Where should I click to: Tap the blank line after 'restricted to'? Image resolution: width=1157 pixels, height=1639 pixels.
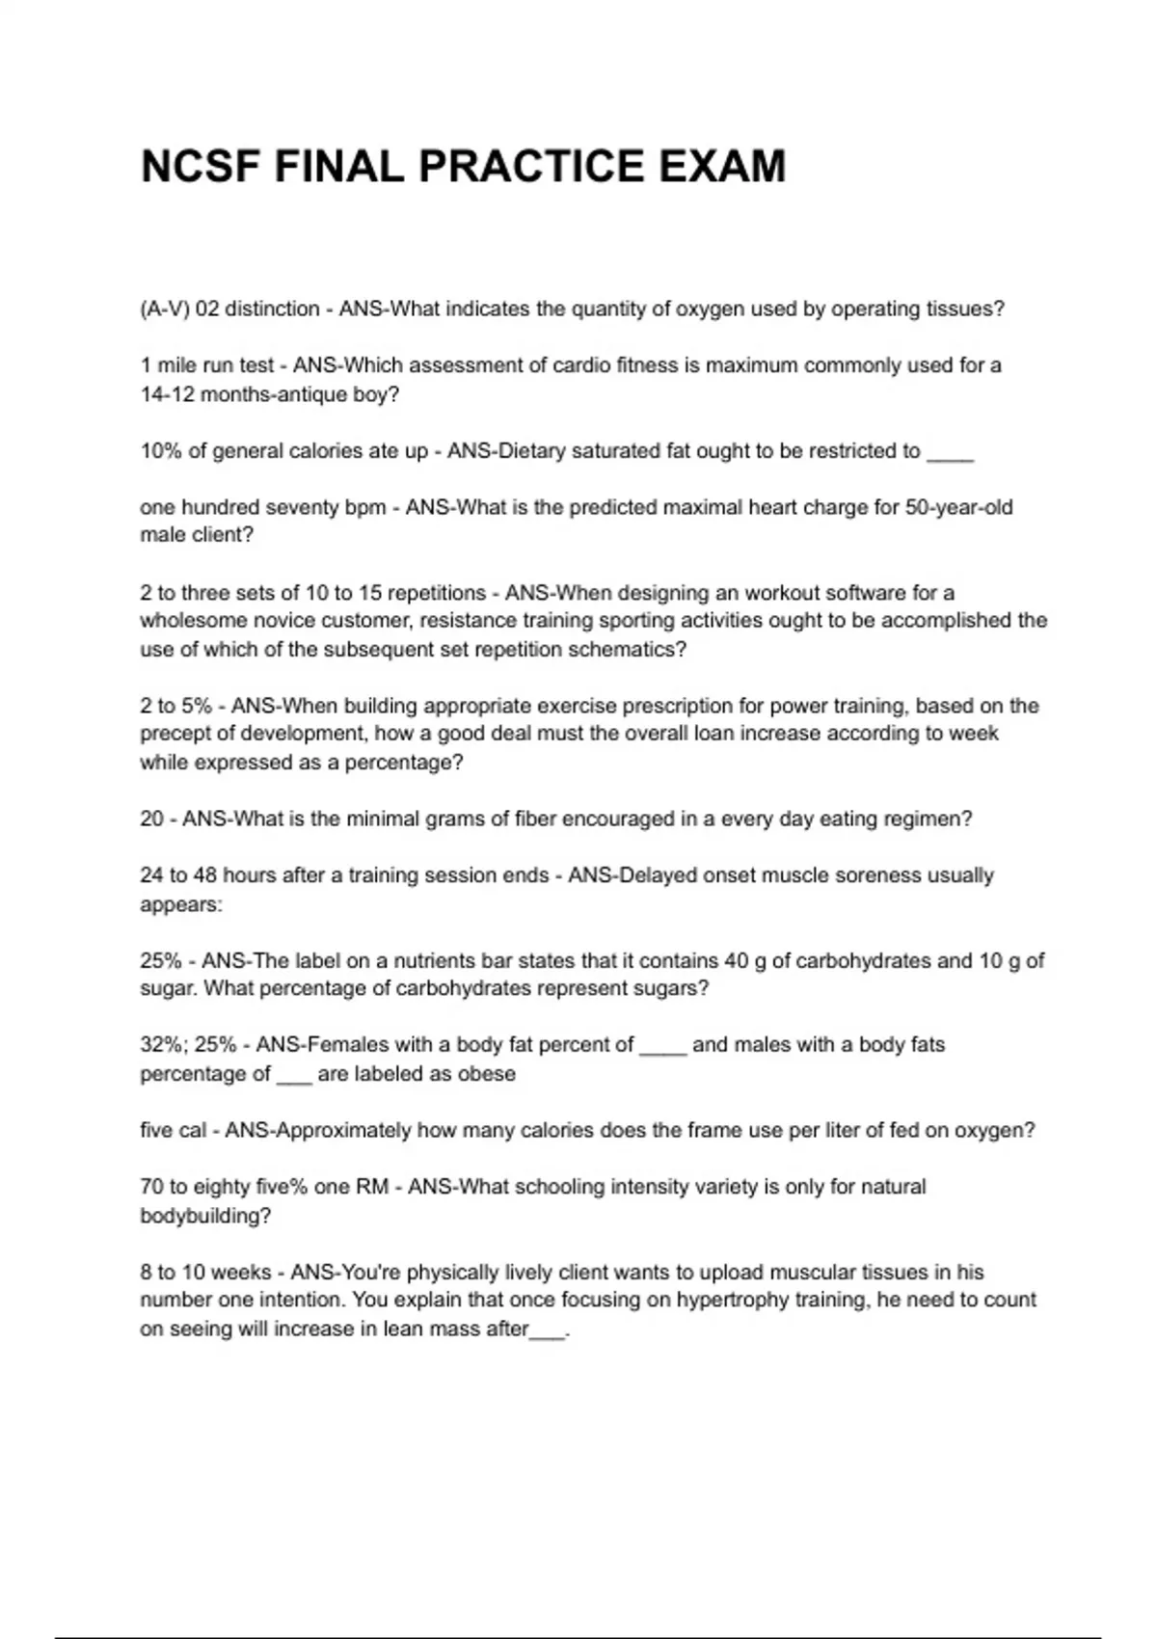950,451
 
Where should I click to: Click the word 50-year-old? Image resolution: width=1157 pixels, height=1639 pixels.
958,507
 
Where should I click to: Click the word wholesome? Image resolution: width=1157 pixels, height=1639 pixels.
189,621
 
